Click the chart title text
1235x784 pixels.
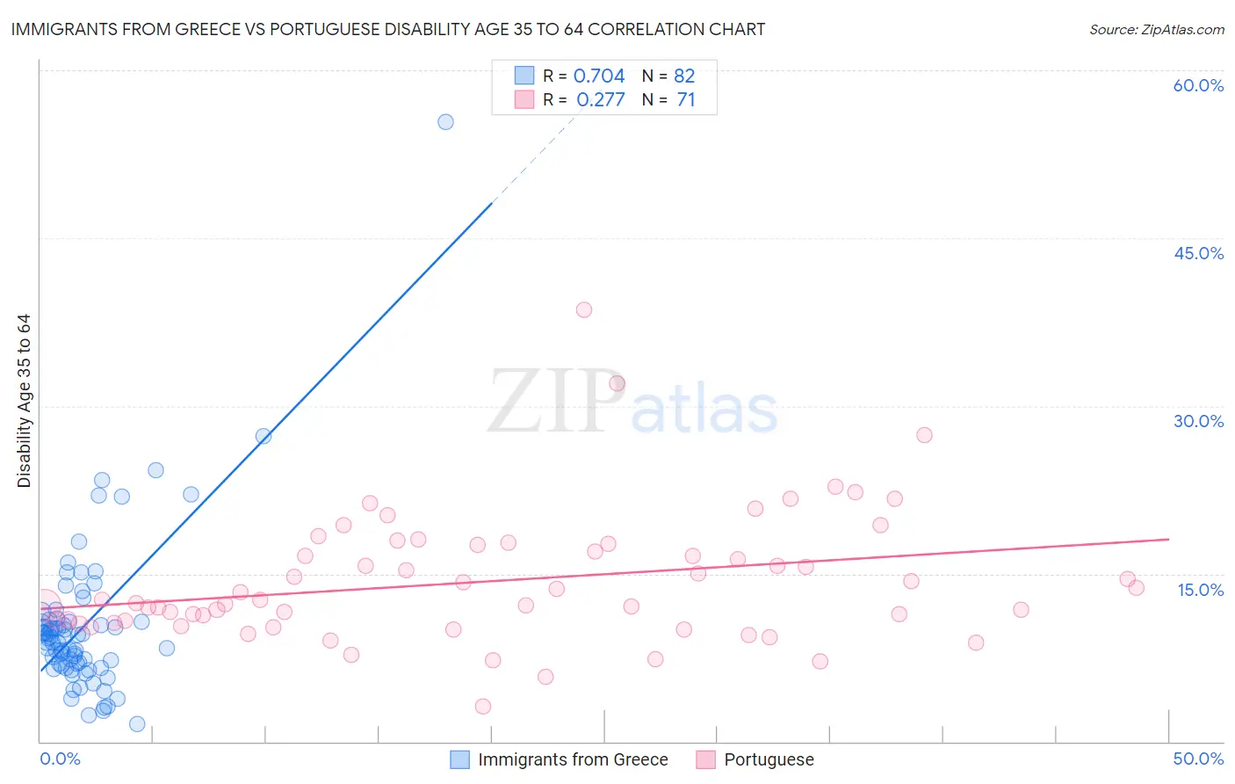point(387,29)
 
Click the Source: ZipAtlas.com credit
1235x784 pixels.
point(1156,29)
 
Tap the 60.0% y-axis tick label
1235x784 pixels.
point(1198,85)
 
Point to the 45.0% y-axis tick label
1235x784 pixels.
point(1198,253)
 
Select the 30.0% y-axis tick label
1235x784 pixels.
point(1198,421)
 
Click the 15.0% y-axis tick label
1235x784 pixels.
point(1200,589)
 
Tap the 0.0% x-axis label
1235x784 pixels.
point(60,759)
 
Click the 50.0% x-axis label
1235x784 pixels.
point(1198,759)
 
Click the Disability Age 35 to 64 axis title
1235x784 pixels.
point(24,401)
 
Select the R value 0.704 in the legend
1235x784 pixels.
point(599,76)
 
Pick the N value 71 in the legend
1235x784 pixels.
point(685,100)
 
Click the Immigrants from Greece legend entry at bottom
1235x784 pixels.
point(572,759)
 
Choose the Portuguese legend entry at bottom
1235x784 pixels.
point(768,759)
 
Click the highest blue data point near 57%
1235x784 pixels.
point(445,122)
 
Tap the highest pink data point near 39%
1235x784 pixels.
point(584,309)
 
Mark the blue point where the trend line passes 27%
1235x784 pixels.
point(264,436)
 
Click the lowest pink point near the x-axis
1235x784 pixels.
point(482,706)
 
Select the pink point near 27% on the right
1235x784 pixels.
point(924,435)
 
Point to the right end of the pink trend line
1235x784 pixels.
point(1168,539)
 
